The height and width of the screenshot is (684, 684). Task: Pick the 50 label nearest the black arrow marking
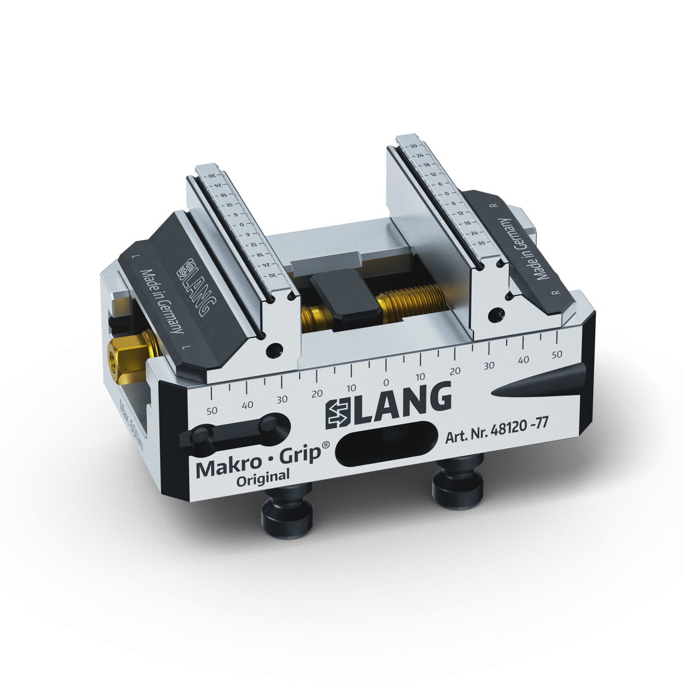click(x=557, y=354)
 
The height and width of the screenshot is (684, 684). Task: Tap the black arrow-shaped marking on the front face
click(x=536, y=384)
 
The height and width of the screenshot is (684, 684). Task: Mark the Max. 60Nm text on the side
click(x=131, y=423)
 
